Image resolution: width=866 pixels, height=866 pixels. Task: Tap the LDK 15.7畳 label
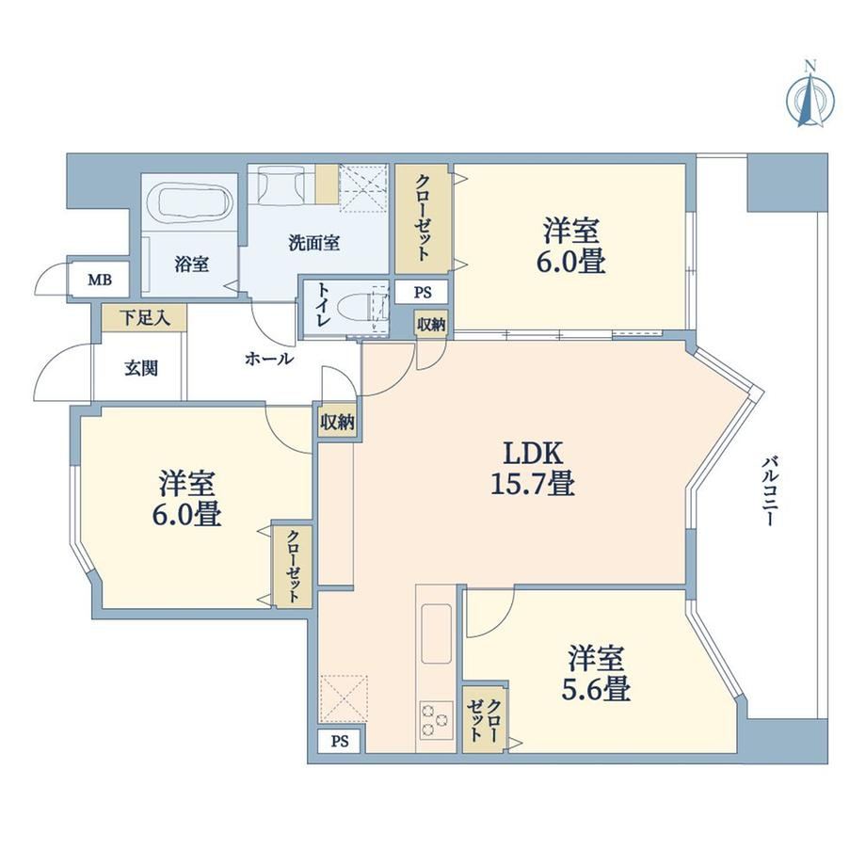[533, 469]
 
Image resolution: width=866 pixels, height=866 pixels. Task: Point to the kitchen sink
[437, 633]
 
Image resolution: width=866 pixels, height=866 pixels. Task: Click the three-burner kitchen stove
[437, 720]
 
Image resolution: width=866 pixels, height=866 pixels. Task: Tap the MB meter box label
[100, 280]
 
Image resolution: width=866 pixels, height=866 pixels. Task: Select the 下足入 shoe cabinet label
[145, 318]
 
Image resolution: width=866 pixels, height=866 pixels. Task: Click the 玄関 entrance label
[141, 368]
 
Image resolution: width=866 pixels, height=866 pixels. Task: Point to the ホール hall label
[269, 360]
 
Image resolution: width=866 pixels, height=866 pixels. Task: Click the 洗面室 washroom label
[314, 243]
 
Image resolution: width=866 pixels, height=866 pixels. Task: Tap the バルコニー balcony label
[769, 491]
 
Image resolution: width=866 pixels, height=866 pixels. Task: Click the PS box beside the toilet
[423, 292]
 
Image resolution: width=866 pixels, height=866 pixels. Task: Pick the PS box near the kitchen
[340, 741]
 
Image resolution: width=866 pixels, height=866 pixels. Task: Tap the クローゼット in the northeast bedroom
[423, 218]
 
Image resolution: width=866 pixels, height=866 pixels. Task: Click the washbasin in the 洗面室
[281, 185]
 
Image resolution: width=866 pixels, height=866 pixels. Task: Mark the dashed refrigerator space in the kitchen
[344, 698]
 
